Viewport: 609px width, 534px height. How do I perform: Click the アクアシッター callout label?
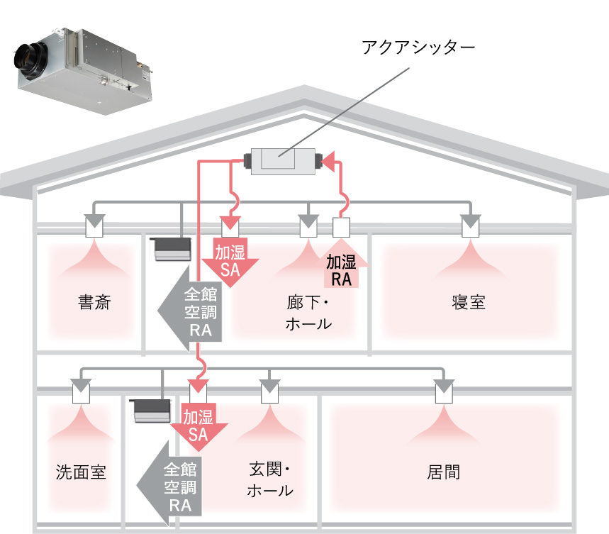(418, 48)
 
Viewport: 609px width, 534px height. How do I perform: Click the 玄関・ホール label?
(270, 479)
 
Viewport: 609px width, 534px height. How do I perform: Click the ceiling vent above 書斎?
(94, 226)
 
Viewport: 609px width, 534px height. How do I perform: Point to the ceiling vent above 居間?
(443, 391)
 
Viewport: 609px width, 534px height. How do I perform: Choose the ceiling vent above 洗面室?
(81, 391)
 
